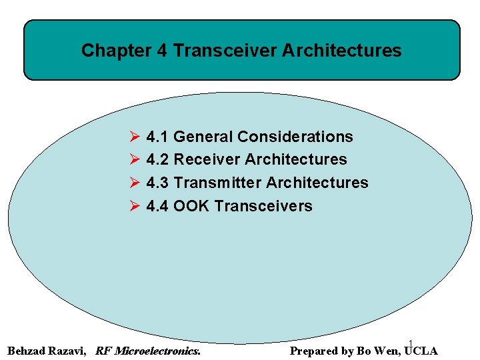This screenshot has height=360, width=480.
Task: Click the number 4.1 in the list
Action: (157, 137)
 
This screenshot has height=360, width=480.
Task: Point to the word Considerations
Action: (295, 137)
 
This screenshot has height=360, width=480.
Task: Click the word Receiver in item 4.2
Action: (207, 160)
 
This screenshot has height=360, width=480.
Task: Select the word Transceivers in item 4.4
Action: (264, 206)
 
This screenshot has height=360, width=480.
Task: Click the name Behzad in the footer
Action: (27, 351)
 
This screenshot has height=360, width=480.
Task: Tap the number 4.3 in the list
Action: (157, 183)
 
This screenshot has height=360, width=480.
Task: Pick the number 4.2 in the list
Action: (157, 160)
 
